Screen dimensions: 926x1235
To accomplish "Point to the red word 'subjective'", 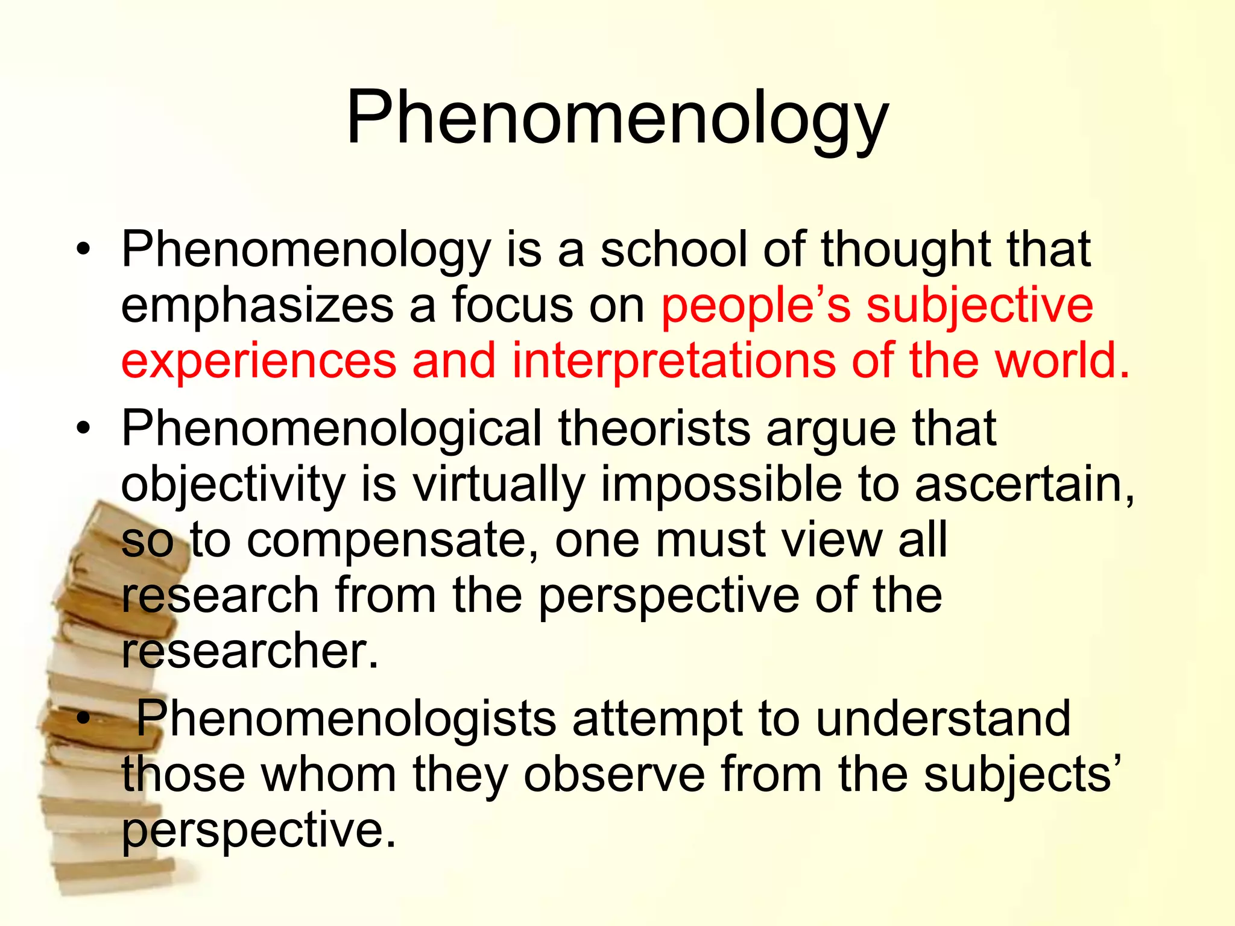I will point(979,306).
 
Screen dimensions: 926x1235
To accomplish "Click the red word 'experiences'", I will point(259,361).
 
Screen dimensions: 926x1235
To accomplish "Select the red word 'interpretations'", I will point(674,361).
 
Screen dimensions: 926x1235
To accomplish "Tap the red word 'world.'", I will point(1061,360).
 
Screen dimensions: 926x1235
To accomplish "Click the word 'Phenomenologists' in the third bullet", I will point(346,719).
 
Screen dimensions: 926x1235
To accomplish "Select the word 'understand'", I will point(943,719).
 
